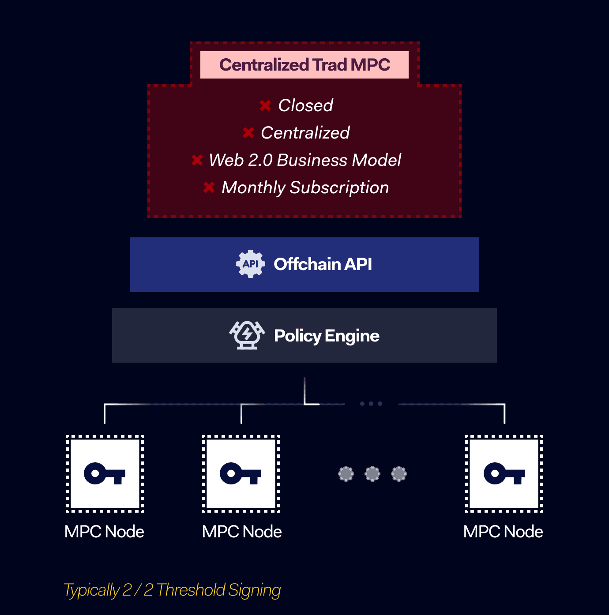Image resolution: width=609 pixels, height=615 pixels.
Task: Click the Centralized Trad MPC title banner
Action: click(x=304, y=65)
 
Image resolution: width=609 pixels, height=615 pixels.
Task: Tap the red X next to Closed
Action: click(x=265, y=105)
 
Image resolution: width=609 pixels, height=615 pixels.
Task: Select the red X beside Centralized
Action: click(x=248, y=133)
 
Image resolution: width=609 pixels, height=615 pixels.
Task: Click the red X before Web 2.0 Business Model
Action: click(x=197, y=160)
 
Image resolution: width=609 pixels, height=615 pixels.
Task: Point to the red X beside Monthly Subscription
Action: click(x=209, y=187)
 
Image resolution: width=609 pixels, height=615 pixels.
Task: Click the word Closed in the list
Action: click(x=305, y=105)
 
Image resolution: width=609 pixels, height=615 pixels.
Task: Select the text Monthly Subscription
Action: click(x=305, y=187)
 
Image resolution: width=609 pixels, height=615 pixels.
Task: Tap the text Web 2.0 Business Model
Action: click(x=305, y=160)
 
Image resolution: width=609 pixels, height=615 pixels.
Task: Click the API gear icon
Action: click(x=250, y=264)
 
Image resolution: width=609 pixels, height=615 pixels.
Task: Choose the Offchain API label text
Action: click(x=323, y=264)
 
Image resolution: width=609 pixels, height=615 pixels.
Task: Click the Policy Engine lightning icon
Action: click(x=247, y=335)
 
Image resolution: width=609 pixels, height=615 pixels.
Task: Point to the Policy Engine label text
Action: click(x=327, y=336)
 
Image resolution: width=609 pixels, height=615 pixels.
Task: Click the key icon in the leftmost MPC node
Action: click(x=105, y=474)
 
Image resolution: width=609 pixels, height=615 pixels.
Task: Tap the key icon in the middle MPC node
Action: click(x=241, y=474)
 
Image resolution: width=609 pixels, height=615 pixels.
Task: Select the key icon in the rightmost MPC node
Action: click(x=504, y=474)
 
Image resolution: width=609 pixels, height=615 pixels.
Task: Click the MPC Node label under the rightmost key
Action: click(x=503, y=532)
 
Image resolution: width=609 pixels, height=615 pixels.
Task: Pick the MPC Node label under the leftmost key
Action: click(x=104, y=532)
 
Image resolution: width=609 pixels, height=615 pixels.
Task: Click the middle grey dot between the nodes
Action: click(x=372, y=474)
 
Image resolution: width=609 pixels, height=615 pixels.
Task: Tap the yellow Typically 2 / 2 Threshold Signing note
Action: click(x=172, y=590)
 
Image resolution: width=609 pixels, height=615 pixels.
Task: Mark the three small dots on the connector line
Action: click(x=371, y=404)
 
